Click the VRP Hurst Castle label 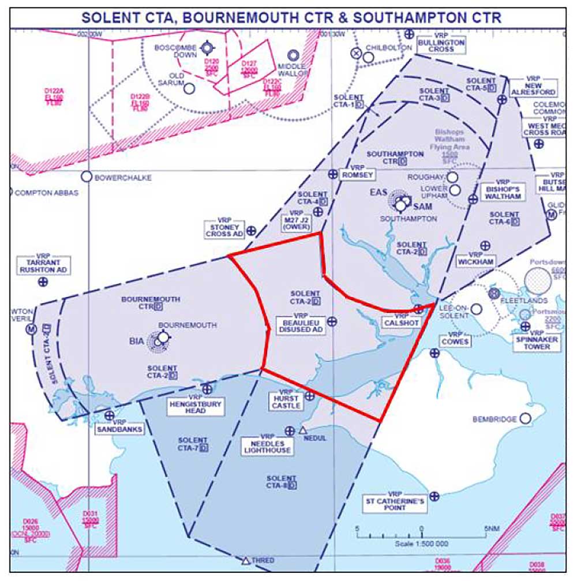click(x=286, y=401)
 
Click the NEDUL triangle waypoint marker click(x=304, y=430)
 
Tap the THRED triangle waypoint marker click(x=246, y=560)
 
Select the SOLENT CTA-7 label click(x=192, y=444)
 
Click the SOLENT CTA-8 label click(x=282, y=482)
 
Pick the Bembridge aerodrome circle click(x=526, y=418)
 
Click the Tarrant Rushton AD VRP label click(x=44, y=265)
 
